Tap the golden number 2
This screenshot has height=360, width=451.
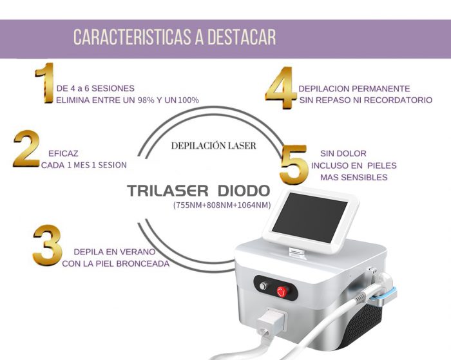pyautogui.click(x=26, y=149)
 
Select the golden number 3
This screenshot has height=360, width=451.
pyautogui.click(x=48, y=245)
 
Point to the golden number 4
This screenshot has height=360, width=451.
pyautogui.click(x=281, y=88)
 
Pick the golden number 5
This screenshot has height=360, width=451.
pyautogui.click(x=294, y=164)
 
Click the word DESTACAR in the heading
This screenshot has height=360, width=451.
pyautogui.click(x=242, y=37)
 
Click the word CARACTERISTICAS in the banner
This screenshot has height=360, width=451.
pyautogui.click(x=132, y=37)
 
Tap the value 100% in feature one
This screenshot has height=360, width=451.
pyautogui.click(x=188, y=100)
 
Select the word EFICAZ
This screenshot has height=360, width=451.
pyautogui.click(x=63, y=153)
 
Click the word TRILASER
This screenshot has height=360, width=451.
pyautogui.click(x=168, y=191)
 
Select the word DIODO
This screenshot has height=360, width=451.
pyautogui.click(x=244, y=191)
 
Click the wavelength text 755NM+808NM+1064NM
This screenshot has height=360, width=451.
pyautogui.click(x=222, y=205)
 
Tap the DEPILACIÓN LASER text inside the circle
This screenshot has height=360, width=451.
pyautogui.click(x=213, y=146)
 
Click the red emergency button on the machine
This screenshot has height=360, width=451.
pyautogui.click(x=283, y=291)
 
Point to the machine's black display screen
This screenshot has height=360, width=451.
pyautogui.click(x=309, y=218)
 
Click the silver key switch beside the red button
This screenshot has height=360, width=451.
pyautogui.click(x=263, y=286)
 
